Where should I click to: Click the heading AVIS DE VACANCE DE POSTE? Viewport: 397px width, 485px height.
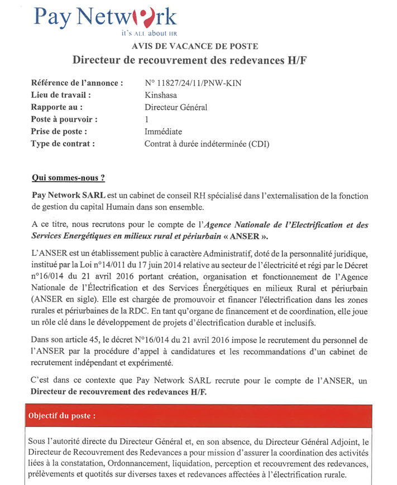(x=195, y=46)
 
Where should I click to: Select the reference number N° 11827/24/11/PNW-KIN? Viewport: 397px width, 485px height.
(x=194, y=83)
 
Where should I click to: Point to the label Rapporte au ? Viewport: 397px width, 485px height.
(x=58, y=107)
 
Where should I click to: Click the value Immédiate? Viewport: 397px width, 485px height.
(x=163, y=132)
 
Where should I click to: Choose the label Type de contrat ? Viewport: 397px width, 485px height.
(x=63, y=144)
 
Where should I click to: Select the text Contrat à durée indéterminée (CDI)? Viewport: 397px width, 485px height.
(x=207, y=144)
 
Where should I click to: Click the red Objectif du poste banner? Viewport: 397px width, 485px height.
(x=199, y=416)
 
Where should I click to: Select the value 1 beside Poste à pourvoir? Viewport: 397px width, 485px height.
(x=147, y=119)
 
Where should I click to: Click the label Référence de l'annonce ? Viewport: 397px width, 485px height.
(x=78, y=83)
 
